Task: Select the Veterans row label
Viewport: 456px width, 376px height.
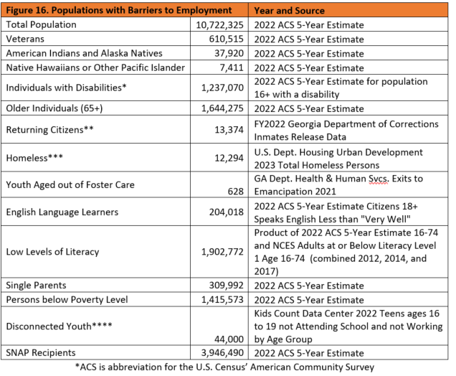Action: pos(26,39)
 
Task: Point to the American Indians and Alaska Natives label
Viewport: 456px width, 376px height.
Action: pos(84,54)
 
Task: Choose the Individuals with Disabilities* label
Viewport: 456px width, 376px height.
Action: pos(67,88)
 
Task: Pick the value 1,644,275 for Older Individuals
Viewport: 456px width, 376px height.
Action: pos(220,108)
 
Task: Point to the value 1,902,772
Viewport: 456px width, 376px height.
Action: pos(220,252)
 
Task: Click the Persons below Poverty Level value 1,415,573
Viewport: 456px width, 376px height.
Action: pos(220,299)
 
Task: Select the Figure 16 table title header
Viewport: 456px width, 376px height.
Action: pos(118,11)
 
